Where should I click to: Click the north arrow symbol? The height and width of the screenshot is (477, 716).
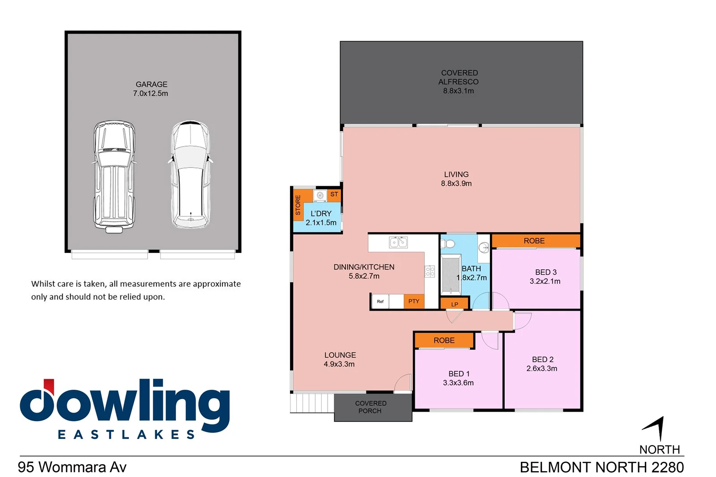656,428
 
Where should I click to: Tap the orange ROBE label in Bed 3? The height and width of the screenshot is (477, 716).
534,241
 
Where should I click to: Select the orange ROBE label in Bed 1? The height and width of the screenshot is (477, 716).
444,341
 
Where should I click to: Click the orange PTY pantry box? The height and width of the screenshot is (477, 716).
414,301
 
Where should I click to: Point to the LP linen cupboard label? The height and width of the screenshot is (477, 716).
455,304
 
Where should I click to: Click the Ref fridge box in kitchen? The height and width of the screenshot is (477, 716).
380,302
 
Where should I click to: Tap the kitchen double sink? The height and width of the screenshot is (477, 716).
398,242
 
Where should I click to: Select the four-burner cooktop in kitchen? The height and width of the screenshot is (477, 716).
430,271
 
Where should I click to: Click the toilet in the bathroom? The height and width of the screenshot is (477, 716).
448,244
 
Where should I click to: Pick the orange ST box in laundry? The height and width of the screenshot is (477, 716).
334,195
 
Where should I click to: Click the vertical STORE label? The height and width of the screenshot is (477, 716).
298,205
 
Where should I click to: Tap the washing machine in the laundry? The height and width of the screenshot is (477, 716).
320,196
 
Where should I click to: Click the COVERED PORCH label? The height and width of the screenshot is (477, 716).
371,407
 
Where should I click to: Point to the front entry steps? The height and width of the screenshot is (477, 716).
312,403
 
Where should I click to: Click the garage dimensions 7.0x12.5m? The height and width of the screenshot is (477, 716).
150,94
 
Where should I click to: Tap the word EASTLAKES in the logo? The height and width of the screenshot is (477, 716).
127,434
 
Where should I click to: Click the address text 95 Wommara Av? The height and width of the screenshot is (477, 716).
72,467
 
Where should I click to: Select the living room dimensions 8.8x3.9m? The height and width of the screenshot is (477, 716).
456,183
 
